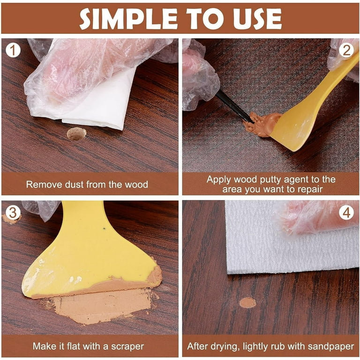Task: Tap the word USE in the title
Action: click(x=257, y=19)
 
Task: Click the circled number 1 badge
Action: click(x=13, y=51)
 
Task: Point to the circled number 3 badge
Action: click(x=13, y=213)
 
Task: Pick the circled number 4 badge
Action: click(x=346, y=213)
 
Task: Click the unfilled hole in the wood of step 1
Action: click(x=76, y=134)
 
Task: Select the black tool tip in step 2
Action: click(x=234, y=106)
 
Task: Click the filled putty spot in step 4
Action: click(x=247, y=303)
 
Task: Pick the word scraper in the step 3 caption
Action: click(x=127, y=346)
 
